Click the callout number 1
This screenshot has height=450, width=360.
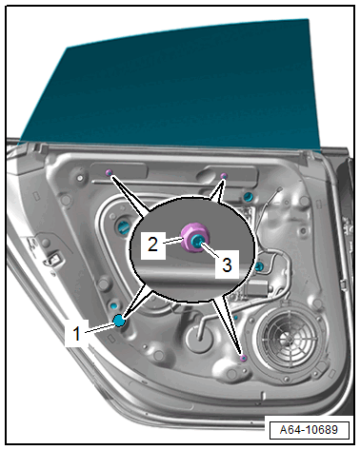76,333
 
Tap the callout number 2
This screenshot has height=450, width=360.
152,245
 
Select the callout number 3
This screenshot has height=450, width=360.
227,264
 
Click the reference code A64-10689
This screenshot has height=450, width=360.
309,430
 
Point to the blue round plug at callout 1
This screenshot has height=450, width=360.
119,321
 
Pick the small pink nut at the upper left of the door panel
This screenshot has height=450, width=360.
109,172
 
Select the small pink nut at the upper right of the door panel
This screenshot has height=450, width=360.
224,176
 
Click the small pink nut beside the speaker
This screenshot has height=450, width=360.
244,358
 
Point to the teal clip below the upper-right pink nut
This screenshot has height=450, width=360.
247,197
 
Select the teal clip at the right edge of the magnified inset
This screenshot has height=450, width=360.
258,266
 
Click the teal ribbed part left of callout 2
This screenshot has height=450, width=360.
123,226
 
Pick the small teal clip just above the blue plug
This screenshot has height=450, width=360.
114,306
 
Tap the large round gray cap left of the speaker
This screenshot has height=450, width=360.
198,340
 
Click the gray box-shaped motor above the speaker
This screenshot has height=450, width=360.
258,289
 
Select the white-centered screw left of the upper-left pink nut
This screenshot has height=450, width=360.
80,178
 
